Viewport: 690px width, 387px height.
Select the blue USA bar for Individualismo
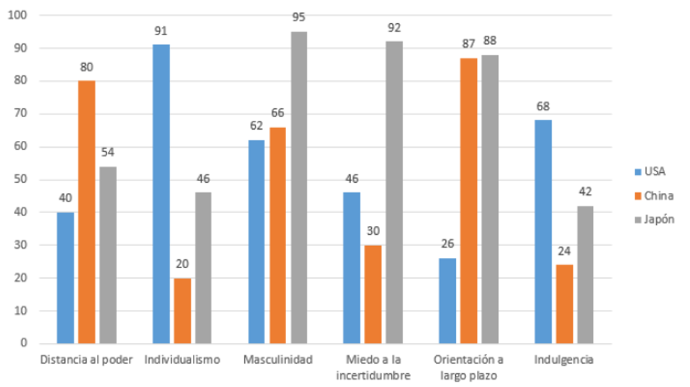pos(161,194)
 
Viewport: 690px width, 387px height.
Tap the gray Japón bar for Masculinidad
pos(299,187)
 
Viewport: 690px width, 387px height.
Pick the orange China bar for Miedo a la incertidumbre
pos(373,294)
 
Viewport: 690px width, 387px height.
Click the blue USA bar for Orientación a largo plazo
pos(447,301)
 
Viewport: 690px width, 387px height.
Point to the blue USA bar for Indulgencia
pos(543,232)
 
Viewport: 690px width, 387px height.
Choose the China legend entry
pos(654,195)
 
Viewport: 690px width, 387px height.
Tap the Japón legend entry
pos(655,219)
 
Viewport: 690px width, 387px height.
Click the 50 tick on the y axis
pos(19,180)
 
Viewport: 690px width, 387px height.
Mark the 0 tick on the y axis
pos(22,343)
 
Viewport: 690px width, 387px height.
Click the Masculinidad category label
pos(278,360)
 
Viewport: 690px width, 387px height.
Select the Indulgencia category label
pos(564,360)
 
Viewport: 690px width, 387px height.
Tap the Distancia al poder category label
pos(86,360)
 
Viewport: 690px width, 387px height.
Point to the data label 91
pos(161,31)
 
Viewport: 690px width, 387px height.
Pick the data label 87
pos(468,44)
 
